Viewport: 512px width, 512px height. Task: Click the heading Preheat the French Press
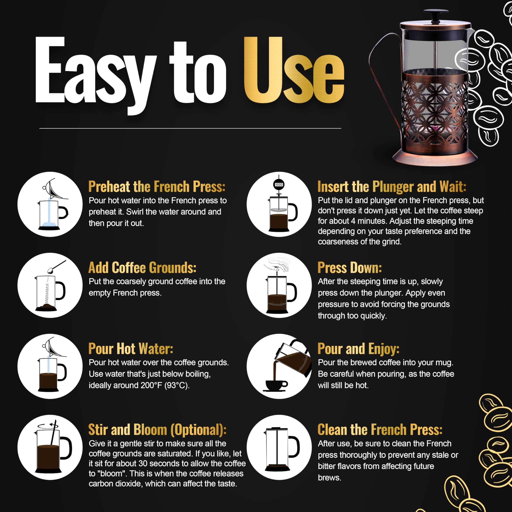click(x=157, y=187)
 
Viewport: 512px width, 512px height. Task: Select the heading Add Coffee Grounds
click(x=142, y=268)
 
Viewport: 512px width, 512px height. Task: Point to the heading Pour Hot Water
click(x=131, y=349)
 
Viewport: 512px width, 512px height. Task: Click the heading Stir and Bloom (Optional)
click(x=157, y=430)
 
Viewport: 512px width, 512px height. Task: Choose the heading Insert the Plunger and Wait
click(x=392, y=187)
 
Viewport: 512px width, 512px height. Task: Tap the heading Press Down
click(x=350, y=268)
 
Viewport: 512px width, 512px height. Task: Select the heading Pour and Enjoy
click(x=358, y=349)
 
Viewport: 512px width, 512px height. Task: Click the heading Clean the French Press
click(x=380, y=430)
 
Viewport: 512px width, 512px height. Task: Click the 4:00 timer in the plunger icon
click(x=279, y=184)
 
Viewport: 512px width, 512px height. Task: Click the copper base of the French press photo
click(x=435, y=158)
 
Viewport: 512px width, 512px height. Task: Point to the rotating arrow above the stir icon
click(x=48, y=426)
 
